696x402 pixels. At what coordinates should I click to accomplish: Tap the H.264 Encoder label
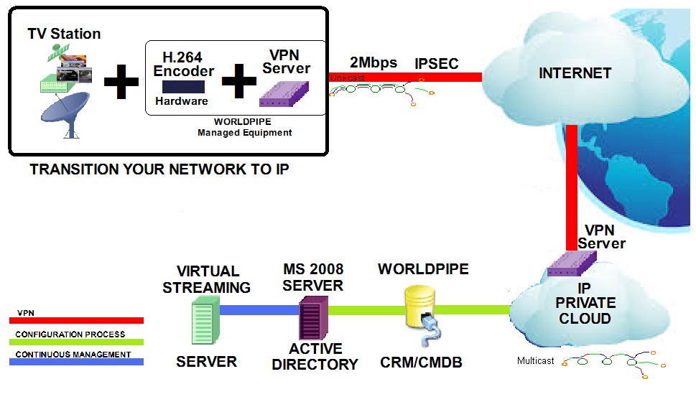point(184,64)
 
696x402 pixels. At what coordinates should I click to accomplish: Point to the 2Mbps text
point(373,62)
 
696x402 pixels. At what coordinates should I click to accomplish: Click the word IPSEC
point(437,64)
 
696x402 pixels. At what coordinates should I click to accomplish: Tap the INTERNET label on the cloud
point(575,73)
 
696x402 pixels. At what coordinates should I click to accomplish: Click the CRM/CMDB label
point(421,363)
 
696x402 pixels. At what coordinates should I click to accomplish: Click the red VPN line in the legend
point(80,321)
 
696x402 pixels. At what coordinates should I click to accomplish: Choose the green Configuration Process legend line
point(80,342)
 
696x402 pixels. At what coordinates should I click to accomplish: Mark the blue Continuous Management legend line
point(80,362)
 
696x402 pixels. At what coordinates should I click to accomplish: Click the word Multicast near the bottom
point(536,361)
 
